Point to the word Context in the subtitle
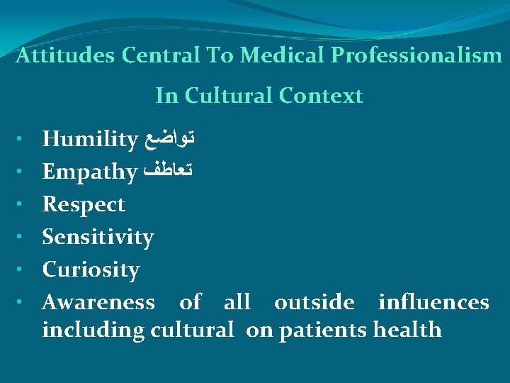click(x=320, y=96)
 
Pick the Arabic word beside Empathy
click(x=169, y=172)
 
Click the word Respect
click(x=84, y=204)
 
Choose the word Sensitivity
click(x=98, y=238)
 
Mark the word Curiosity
click(x=91, y=270)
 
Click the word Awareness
click(x=98, y=303)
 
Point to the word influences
click(x=433, y=303)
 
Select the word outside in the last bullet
click(x=314, y=303)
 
